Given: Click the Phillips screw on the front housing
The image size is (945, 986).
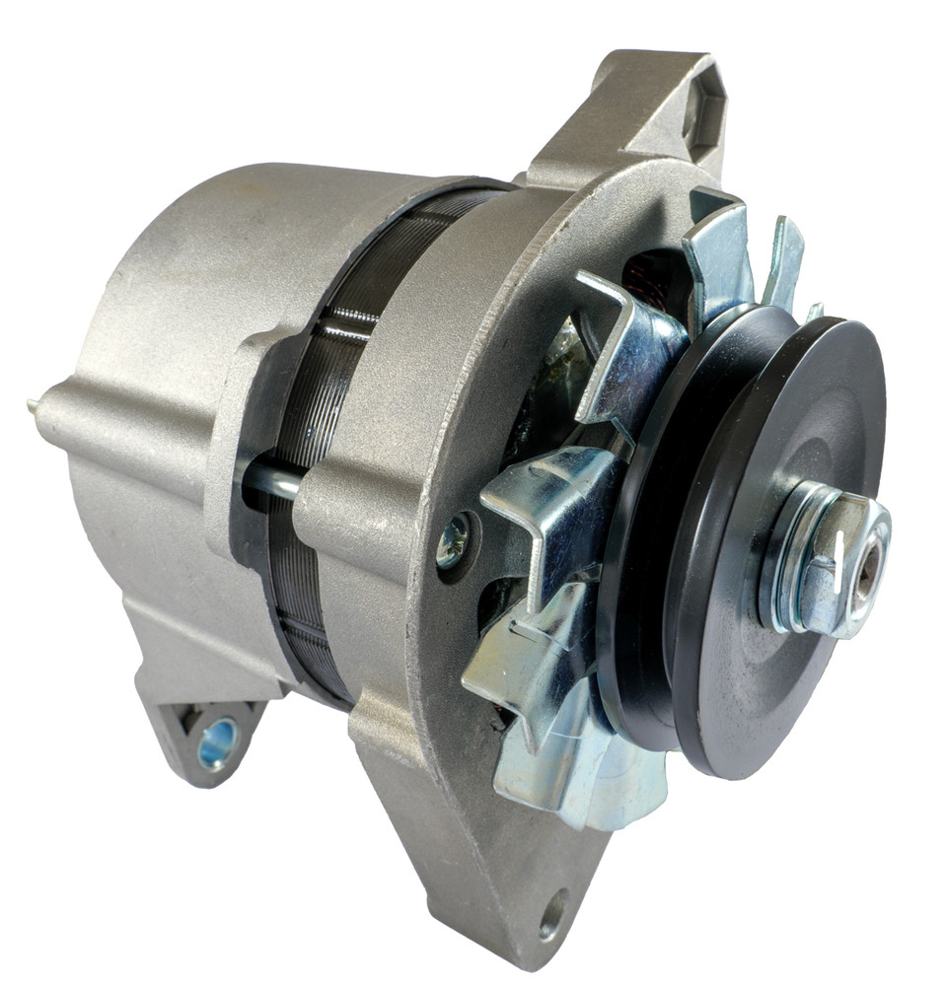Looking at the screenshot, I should (452, 542).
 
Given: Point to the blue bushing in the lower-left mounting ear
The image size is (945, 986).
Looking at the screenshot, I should (217, 742).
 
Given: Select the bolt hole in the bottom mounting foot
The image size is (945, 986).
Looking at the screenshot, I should (553, 914).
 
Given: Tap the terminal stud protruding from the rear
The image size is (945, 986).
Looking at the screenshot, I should (34, 403).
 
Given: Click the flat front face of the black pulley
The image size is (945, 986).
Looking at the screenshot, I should (779, 444).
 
